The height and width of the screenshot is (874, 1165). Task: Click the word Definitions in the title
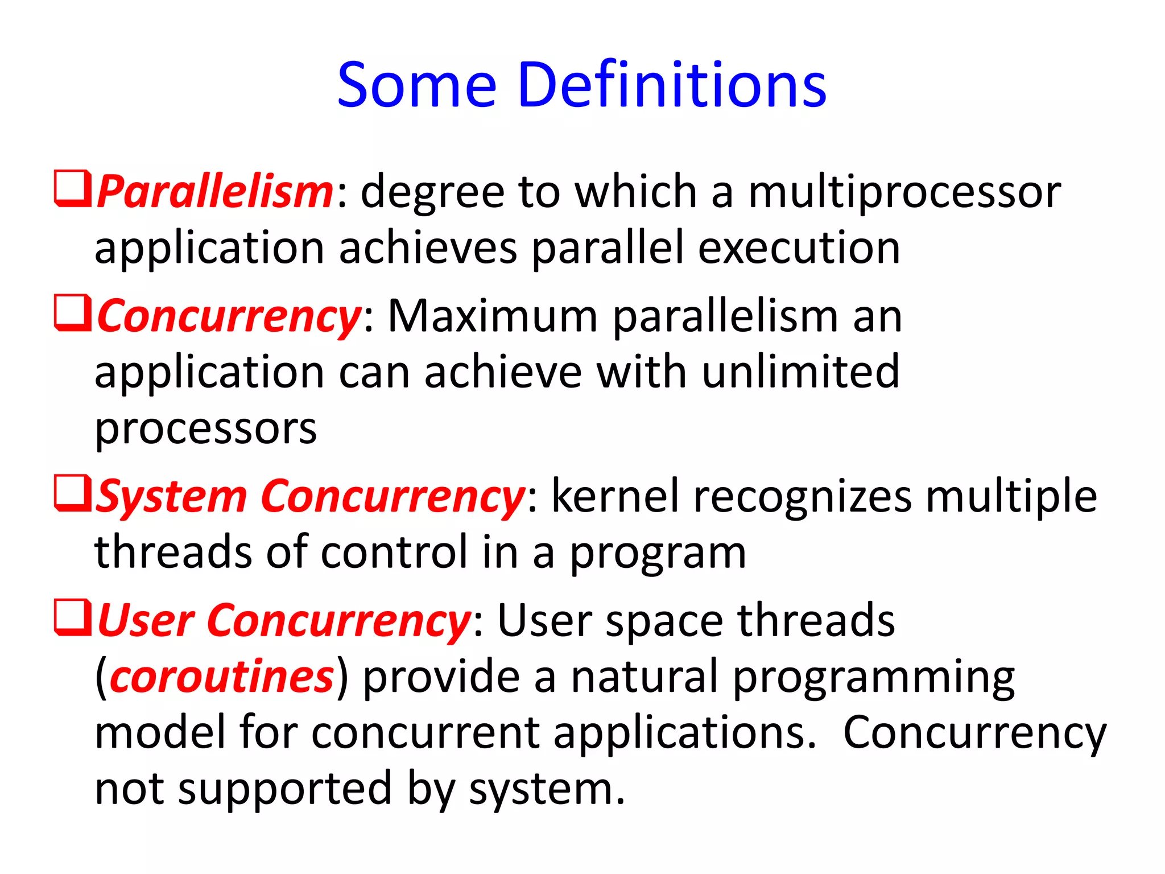pos(672,85)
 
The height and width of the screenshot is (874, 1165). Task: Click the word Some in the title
pos(417,85)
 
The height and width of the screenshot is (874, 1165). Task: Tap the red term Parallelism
pos(215,192)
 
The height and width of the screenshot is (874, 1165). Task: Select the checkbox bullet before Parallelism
pos(72,188)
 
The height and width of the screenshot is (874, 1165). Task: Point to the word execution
pos(799,249)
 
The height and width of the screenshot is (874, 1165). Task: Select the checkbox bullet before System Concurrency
pos(72,493)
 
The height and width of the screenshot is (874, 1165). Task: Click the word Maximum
pos(492,316)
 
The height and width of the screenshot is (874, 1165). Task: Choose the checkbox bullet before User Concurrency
pos(72,617)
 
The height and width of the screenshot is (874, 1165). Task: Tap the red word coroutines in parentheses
pos(221,677)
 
